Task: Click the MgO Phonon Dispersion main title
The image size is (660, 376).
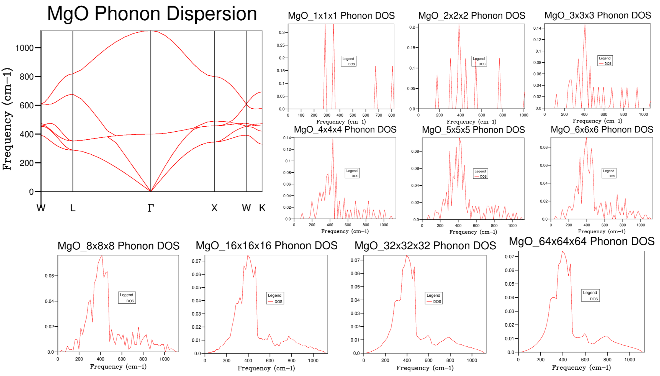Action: point(152,14)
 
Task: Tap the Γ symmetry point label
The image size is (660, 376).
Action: point(151,208)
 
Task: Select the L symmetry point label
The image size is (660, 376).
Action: point(73,208)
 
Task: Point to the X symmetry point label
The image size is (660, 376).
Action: point(214,208)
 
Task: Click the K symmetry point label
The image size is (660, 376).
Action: point(262,208)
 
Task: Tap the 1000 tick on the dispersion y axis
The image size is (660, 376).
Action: point(24,48)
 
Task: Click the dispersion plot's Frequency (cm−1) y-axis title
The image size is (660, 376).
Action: point(7,119)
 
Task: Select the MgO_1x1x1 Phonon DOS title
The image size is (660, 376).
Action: point(341,16)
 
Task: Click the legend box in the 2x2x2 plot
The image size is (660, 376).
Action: point(479,61)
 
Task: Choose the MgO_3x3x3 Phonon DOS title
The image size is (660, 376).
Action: point(598,15)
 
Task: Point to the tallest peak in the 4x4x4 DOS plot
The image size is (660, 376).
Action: point(333,138)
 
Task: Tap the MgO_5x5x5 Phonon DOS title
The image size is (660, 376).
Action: point(473,130)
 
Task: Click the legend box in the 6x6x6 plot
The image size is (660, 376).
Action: point(609,173)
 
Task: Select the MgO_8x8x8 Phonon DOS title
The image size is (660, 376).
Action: point(119,246)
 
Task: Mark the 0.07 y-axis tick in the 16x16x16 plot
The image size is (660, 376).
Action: point(196,261)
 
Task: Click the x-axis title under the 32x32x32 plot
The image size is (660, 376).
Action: point(425,368)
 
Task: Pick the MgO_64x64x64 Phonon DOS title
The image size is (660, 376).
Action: point(582,241)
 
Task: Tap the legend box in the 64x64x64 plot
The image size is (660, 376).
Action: point(590,296)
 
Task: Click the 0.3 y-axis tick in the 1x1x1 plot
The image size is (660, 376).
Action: point(282,32)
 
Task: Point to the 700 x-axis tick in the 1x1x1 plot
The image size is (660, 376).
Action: point(379,115)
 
